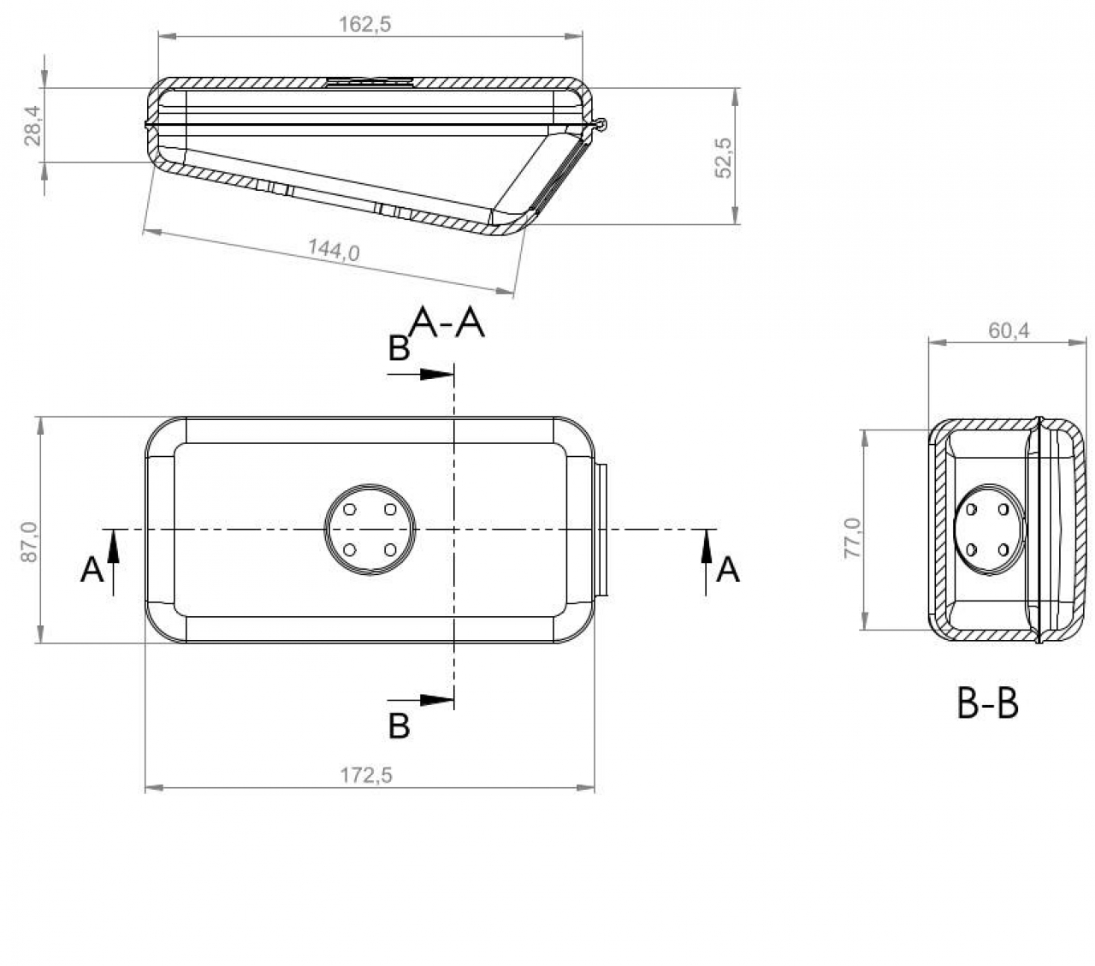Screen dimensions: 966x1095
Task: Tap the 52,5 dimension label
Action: click(724, 157)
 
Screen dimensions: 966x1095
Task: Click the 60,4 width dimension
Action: click(1009, 330)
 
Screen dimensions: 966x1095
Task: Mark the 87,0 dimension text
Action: click(28, 542)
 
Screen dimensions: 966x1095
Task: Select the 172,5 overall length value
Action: click(366, 775)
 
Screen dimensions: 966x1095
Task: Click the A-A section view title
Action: click(447, 323)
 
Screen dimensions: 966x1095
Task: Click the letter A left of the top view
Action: click(92, 569)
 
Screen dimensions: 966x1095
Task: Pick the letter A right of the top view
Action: click(728, 569)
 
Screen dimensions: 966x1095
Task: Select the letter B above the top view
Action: click(400, 349)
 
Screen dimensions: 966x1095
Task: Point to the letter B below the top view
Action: click(400, 726)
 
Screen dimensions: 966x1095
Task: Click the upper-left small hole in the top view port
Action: click(350, 509)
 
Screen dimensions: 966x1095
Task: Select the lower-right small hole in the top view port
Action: click(390, 549)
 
